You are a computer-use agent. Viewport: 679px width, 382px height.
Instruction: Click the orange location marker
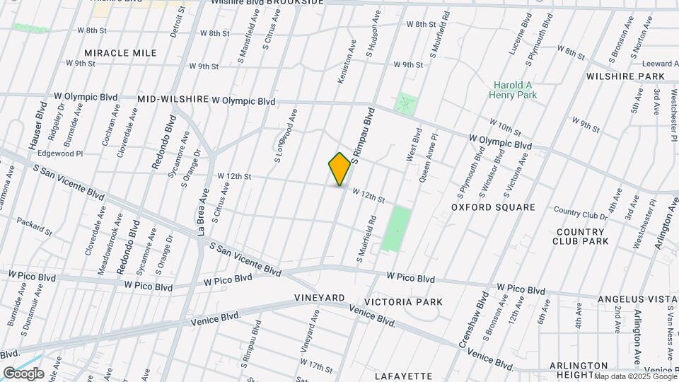point(340,169)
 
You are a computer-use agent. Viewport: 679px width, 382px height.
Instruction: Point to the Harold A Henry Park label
point(513,91)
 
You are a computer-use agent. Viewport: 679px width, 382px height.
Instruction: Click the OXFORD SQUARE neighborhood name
point(493,207)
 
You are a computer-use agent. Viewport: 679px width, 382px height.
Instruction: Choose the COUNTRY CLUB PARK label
point(581,236)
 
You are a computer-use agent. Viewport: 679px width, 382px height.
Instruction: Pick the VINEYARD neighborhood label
point(319,298)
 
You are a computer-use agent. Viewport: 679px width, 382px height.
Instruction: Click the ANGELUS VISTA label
point(632,300)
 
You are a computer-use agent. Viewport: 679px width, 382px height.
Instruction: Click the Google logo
point(23,374)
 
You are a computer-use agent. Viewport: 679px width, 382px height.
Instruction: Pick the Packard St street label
point(35,226)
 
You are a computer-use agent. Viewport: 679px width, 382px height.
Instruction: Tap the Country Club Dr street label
point(581,212)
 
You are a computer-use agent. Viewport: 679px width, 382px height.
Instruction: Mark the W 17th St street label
point(315,366)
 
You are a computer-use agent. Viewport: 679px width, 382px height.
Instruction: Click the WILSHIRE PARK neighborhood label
point(625,76)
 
